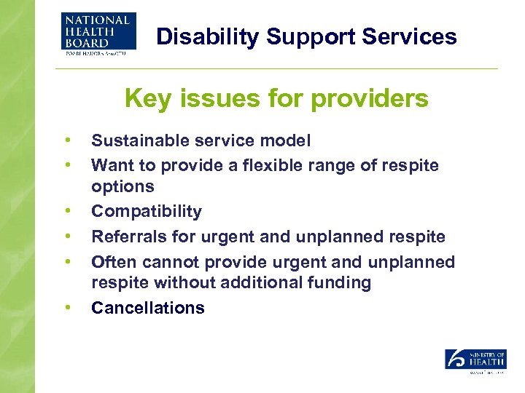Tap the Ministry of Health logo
pos(475,360)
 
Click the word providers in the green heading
pos(373,99)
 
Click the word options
pos(122,187)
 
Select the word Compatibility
pos(146,212)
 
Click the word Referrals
pos(124,237)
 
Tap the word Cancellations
pos(147,308)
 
